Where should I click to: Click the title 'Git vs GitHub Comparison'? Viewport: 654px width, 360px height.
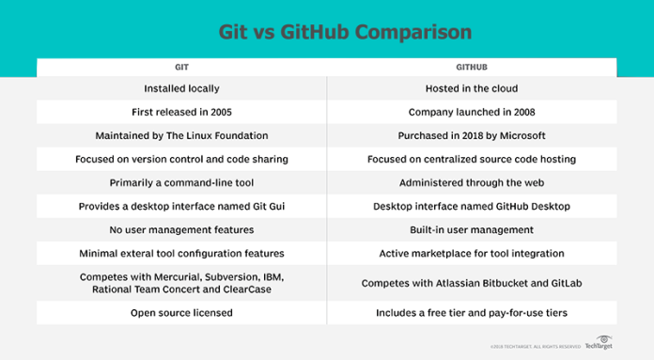pyautogui.click(x=326, y=32)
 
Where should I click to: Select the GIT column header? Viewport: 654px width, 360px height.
pyautogui.click(x=181, y=69)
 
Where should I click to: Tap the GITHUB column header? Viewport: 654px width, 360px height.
pyautogui.click(x=472, y=69)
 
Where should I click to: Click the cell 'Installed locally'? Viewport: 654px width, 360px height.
pyautogui.click(x=181, y=89)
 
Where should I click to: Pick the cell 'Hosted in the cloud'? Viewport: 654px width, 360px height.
pyautogui.click(x=472, y=89)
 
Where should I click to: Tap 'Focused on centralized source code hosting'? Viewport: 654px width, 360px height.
pyautogui.click(x=472, y=160)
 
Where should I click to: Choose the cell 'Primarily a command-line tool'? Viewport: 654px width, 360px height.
pyautogui.click(x=181, y=182)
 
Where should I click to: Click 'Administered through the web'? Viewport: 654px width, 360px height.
pyautogui.click(x=472, y=182)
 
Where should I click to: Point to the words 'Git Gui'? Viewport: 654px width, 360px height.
pyautogui.click(x=267, y=206)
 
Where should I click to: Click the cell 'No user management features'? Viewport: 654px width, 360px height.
pyautogui.click(x=181, y=229)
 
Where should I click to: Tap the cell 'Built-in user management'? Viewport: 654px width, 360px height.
pyautogui.click(x=472, y=229)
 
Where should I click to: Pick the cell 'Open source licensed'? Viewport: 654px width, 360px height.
pyautogui.click(x=181, y=312)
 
